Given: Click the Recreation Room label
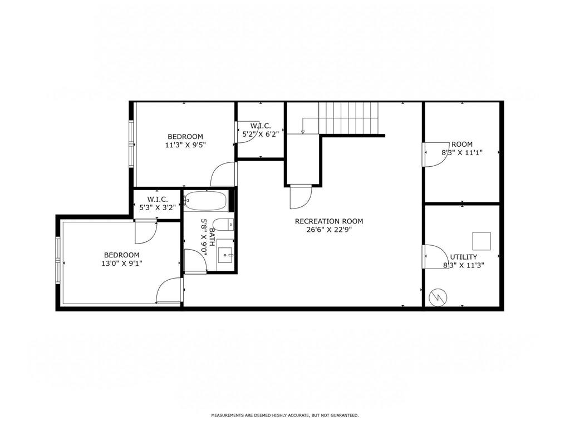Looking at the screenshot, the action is tap(328, 221).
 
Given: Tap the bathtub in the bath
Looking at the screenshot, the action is tap(206, 200).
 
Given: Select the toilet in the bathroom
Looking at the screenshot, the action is tap(223, 225).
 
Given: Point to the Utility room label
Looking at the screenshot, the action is tap(464, 257).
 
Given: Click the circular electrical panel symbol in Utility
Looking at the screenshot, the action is tap(438, 297).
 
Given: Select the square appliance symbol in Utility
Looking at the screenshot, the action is tap(481, 241).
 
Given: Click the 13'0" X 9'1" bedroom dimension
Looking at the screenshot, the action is tap(122, 263).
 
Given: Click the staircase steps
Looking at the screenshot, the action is tap(348, 118).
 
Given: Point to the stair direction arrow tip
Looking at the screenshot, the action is tap(302, 133).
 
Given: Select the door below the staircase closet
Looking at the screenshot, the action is tap(301, 197).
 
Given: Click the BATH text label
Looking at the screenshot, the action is tap(212, 237).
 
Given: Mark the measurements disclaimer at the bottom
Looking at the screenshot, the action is tap(285, 415).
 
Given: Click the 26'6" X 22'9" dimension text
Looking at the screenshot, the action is tap(329, 230).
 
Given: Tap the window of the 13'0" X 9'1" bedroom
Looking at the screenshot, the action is tap(58, 260).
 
